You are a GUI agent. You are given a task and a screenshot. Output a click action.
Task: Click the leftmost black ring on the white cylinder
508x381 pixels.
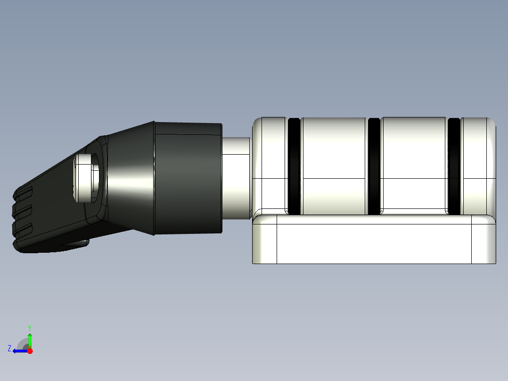point(294,166)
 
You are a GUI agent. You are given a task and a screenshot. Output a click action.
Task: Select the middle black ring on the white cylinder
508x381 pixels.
point(374,166)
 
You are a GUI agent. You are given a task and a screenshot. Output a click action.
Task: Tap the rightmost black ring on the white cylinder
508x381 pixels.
point(454,166)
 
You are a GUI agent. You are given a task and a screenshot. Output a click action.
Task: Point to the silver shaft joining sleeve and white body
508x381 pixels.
point(236,178)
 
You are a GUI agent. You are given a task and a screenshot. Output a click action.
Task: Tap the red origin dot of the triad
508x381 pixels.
point(30,351)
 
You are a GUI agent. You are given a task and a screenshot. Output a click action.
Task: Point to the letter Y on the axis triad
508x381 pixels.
point(29,327)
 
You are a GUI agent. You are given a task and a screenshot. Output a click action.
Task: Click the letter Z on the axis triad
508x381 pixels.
point(9,348)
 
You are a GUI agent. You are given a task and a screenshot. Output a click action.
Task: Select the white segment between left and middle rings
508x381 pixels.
point(334,165)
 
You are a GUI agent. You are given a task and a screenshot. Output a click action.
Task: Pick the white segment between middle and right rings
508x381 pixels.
point(414,165)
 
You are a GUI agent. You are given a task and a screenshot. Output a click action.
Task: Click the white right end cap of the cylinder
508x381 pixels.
point(478,165)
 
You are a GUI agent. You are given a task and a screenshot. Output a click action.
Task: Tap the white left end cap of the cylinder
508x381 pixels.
point(270,165)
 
